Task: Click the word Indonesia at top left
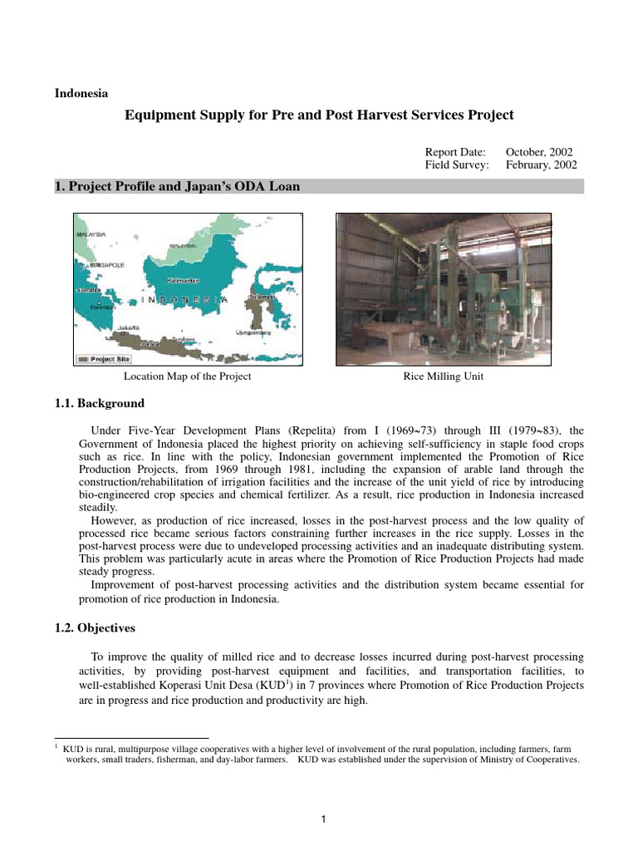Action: pyautogui.click(x=81, y=93)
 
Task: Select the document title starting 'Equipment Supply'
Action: pyautogui.click(x=319, y=116)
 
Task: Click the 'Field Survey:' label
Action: pyautogui.click(x=457, y=165)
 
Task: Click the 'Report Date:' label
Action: pyautogui.click(x=457, y=152)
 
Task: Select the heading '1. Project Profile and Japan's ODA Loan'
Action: pyautogui.click(x=176, y=187)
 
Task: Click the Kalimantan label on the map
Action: pyautogui.click(x=182, y=280)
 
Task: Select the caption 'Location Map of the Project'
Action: pyautogui.click(x=187, y=376)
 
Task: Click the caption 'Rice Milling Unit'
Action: pyautogui.click(x=443, y=376)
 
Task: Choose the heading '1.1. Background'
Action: pyautogui.click(x=99, y=403)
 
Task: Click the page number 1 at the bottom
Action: pyautogui.click(x=325, y=820)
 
